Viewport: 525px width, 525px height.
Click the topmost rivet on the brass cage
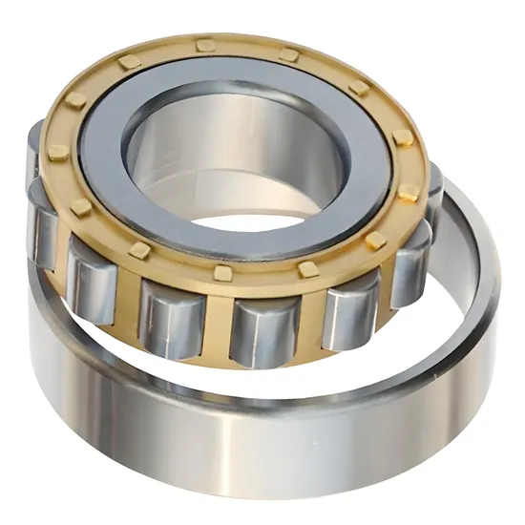(x=204, y=44)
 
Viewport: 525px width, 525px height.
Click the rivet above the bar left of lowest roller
(x=222, y=274)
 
